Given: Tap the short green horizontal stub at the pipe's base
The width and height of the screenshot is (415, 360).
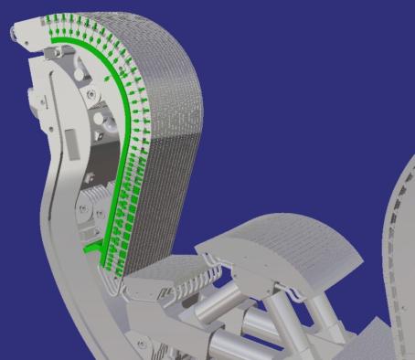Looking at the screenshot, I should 91,247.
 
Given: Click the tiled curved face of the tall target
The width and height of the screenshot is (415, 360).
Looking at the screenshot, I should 169,137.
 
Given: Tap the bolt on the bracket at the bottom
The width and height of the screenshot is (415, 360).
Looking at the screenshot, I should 142,342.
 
